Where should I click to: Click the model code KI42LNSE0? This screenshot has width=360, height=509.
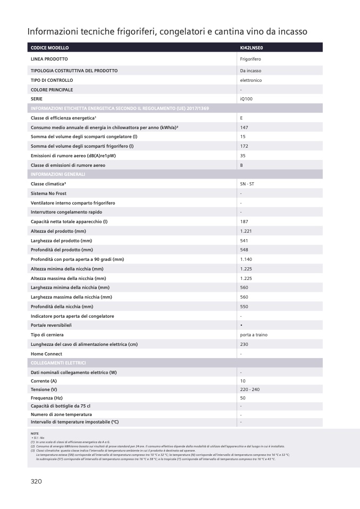[x=252, y=48]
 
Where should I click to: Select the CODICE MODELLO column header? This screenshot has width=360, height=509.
[x=49, y=48]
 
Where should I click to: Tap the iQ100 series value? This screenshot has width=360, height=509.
[x=246, y=99]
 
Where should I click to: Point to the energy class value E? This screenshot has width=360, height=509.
[x=241, y=118]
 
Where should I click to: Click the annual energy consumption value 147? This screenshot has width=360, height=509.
[x=244, y=128]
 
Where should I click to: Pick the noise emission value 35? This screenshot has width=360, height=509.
[x=242, y=156]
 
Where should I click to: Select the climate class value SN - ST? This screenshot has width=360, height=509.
[x=247, y=183]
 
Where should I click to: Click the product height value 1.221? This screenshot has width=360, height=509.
[x=246, y=231]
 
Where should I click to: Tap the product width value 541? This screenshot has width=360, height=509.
[x=244, y=241]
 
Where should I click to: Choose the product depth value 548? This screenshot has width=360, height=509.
[x=244, y=250]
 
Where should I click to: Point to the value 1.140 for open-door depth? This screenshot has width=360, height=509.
[x=246, y=259]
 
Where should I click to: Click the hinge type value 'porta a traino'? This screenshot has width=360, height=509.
[x=254, y=335]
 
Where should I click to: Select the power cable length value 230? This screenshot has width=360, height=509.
[x=244, y=344]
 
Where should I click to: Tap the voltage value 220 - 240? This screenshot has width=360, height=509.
[x=249, y=389]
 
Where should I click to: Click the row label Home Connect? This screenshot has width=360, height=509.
[x=46, y=354]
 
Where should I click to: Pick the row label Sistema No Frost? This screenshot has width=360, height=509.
[x=48, y=193]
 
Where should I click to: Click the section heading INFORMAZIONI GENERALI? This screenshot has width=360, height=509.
[x=58, y=174]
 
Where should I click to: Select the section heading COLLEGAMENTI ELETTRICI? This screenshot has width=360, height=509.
[x=58, y=363]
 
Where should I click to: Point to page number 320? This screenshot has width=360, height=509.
[x=36, y=481]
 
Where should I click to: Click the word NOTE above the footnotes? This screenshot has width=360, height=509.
[x=35, y=434]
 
